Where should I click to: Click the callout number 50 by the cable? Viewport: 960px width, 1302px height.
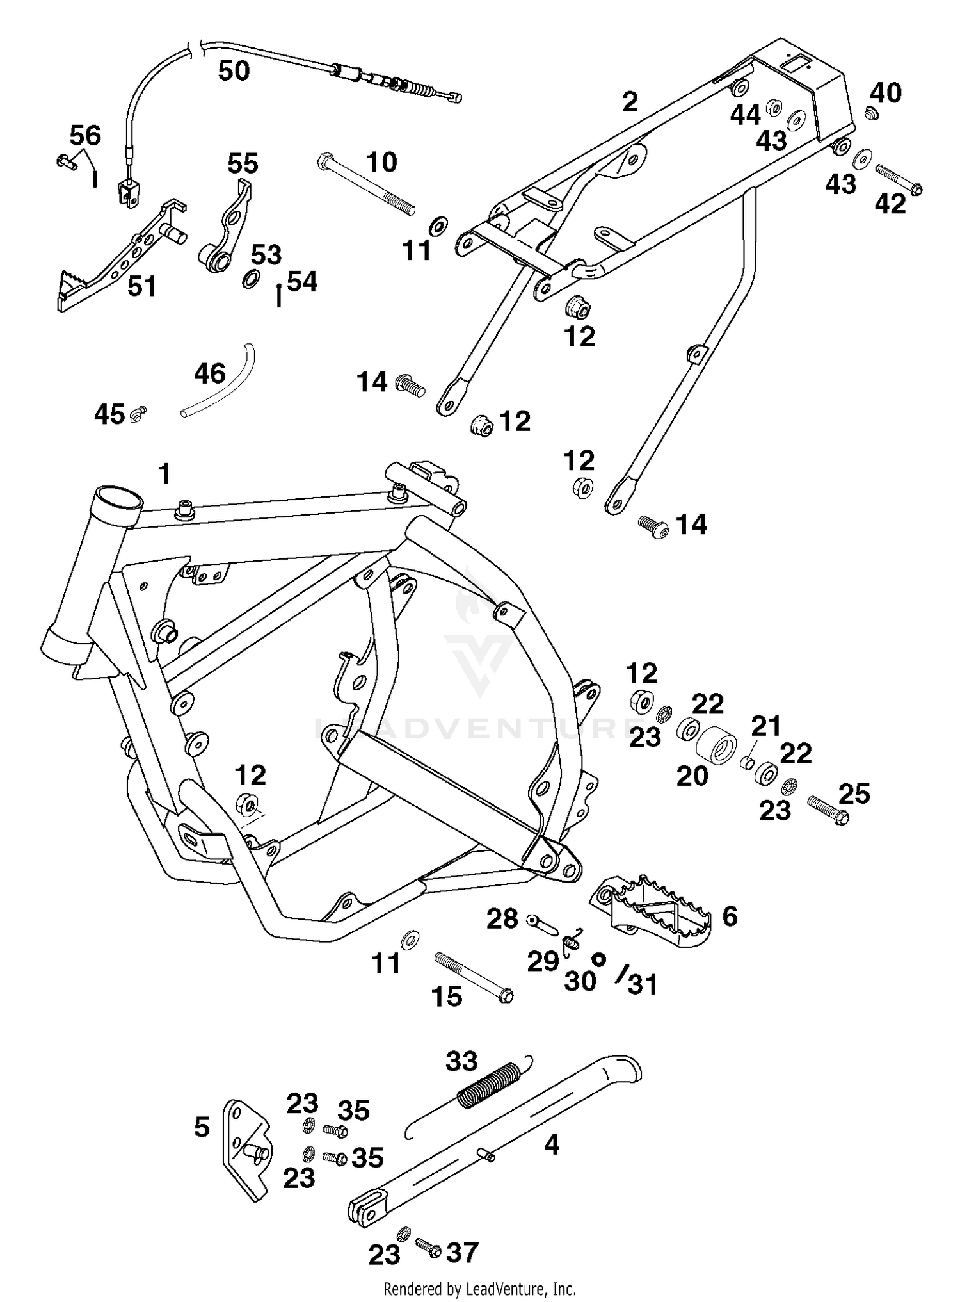234,70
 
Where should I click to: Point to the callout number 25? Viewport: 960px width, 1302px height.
854,793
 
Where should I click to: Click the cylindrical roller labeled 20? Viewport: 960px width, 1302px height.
716,748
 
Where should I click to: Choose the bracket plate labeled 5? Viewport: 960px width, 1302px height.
243,1150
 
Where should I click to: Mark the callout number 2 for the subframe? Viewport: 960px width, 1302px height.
630,102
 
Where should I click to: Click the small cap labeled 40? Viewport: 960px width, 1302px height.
871,113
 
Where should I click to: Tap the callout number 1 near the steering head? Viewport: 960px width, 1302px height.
164,475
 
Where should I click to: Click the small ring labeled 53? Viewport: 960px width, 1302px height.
252,279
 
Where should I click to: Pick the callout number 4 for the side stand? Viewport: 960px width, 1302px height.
551,1144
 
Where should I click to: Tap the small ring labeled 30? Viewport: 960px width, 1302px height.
598,959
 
